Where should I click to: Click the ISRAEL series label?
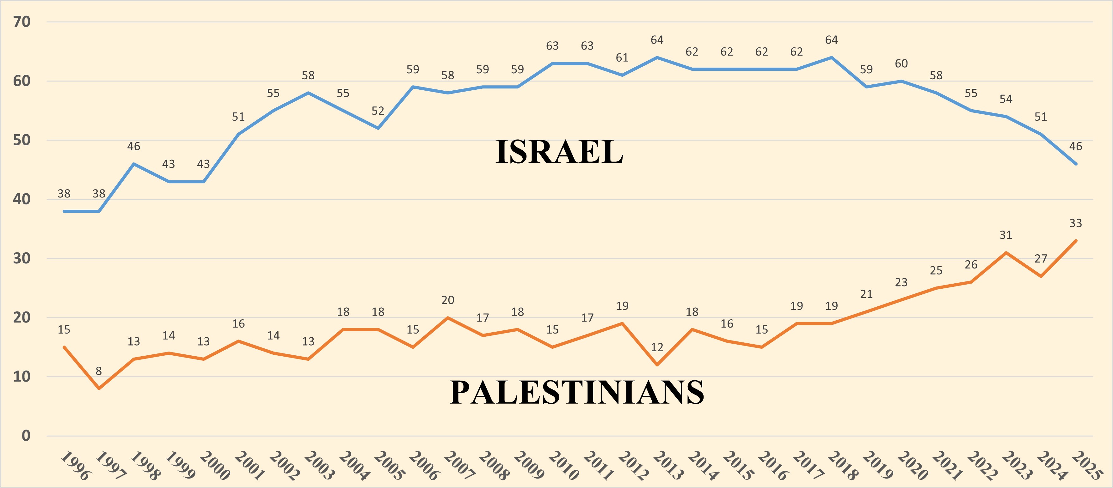pyautogui.click(x=559, y=152)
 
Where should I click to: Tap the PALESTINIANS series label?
pyautogui.click(x=577, y=392)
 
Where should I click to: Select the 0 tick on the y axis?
pyautogui.click(x=26, y=436)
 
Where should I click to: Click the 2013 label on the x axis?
pyautogui.click(x=667, y=466)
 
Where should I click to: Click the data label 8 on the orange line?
pyautogui.click(x=99, y=371)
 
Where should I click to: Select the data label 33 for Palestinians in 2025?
pyautogui.click(x=1075, y=223)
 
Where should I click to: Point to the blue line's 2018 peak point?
pyautogui.click(x=831, y=57)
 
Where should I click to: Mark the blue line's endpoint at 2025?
pyautogui.click(x=1075, y=164)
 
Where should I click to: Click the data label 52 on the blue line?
pyautogui.click(x=378, y=111)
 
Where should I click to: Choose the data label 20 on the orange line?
pyautogui.click(x=448, y=300)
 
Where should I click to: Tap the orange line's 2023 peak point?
pyautogui.click(x=1006, y=252)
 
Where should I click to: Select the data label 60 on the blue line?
pyautogui.click(x=901, y=63)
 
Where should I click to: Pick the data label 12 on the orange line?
pyautogui.click(x=657, y=347)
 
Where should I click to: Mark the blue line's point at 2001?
pyautogui.click(x=238, y=134)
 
